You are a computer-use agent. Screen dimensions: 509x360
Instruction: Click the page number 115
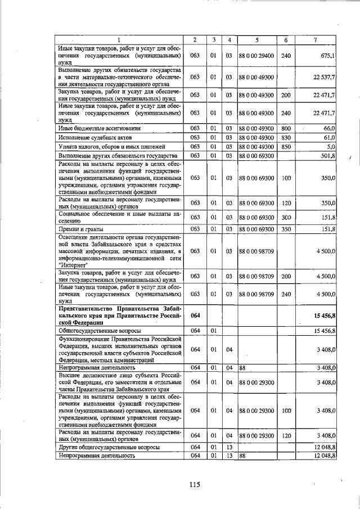click(195, 485)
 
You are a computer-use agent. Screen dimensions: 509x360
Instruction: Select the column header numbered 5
click(256, 39)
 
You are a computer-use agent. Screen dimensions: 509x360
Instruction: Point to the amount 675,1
click(327, 56)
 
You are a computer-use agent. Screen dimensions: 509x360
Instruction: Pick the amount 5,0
click(331, 146)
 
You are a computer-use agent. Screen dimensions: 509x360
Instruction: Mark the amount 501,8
click(327, 155)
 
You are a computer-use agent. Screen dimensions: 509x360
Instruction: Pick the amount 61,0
click(328, 137)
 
